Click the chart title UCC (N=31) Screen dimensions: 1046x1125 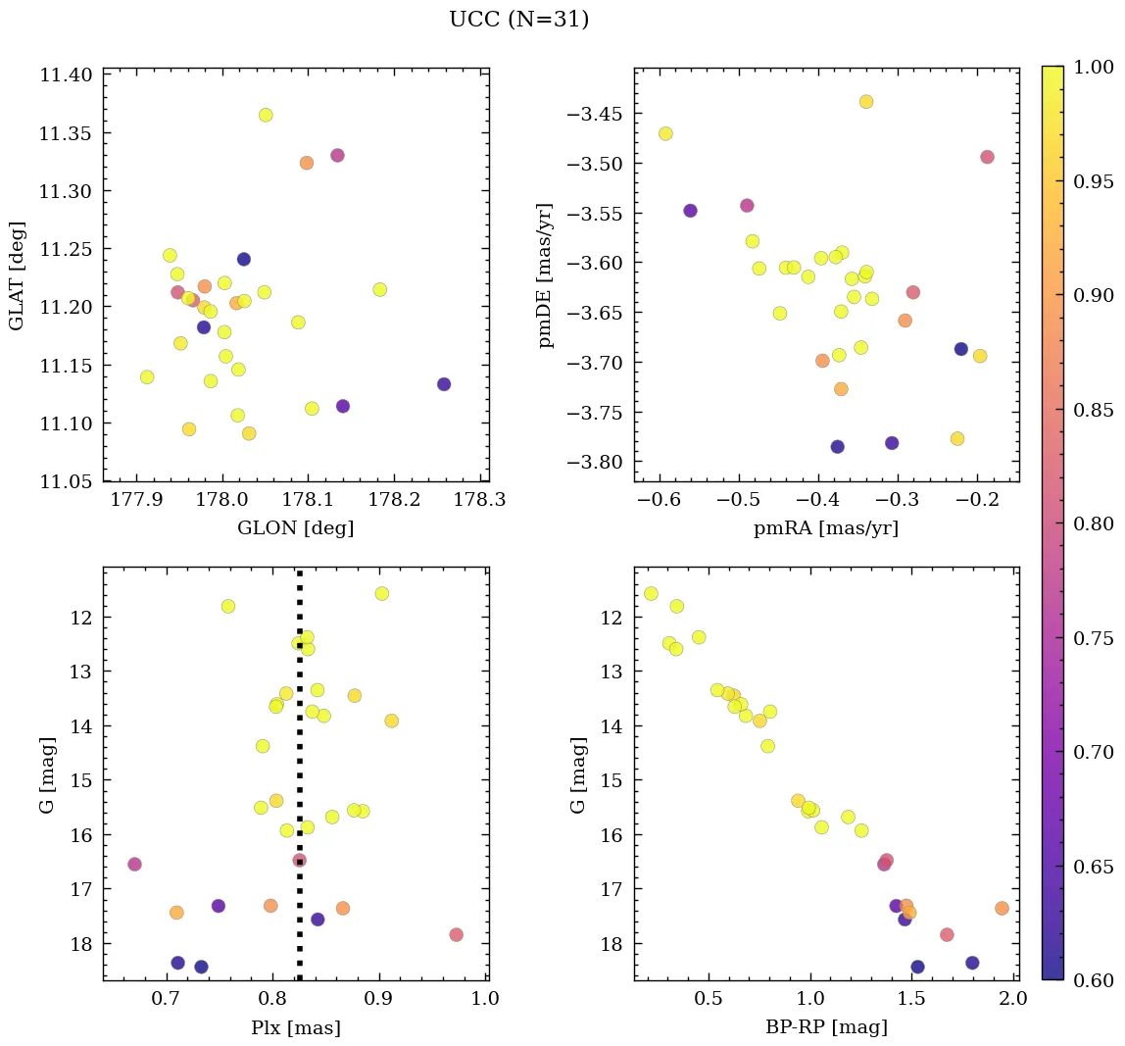(518, 20)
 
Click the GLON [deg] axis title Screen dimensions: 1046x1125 (295, 528)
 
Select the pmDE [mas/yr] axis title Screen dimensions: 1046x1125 (546, 275)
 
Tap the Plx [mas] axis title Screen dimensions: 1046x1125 (295, 1028)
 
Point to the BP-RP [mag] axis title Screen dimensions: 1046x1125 (826, 1028)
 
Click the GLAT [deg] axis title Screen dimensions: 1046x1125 (17, 275)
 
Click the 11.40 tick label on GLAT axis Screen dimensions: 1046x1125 (65, 75)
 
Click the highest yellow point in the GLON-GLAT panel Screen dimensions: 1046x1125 (266, 115)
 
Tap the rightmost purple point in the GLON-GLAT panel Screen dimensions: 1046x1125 (444, 384)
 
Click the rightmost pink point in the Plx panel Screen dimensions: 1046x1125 (456, 934)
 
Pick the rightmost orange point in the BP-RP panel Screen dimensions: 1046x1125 (1002, 908)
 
